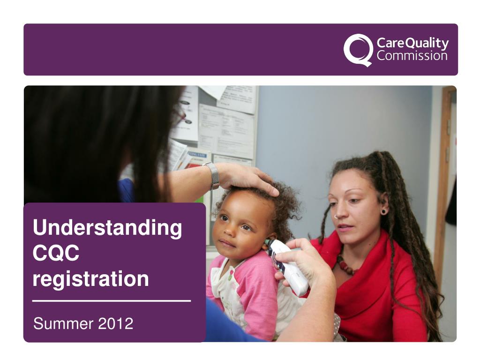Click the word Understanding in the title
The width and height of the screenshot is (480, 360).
click(107, 228)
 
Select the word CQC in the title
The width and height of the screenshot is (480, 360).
click(56, 254)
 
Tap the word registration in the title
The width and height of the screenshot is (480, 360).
click(91, 279)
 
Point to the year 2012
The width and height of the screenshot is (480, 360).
click(116, 323)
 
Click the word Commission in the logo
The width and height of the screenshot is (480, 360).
click(412, 56)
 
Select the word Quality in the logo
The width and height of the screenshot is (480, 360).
click(427, 44)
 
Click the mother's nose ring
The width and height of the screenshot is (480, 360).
click(336, 217)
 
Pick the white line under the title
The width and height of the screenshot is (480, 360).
click(112, 300)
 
